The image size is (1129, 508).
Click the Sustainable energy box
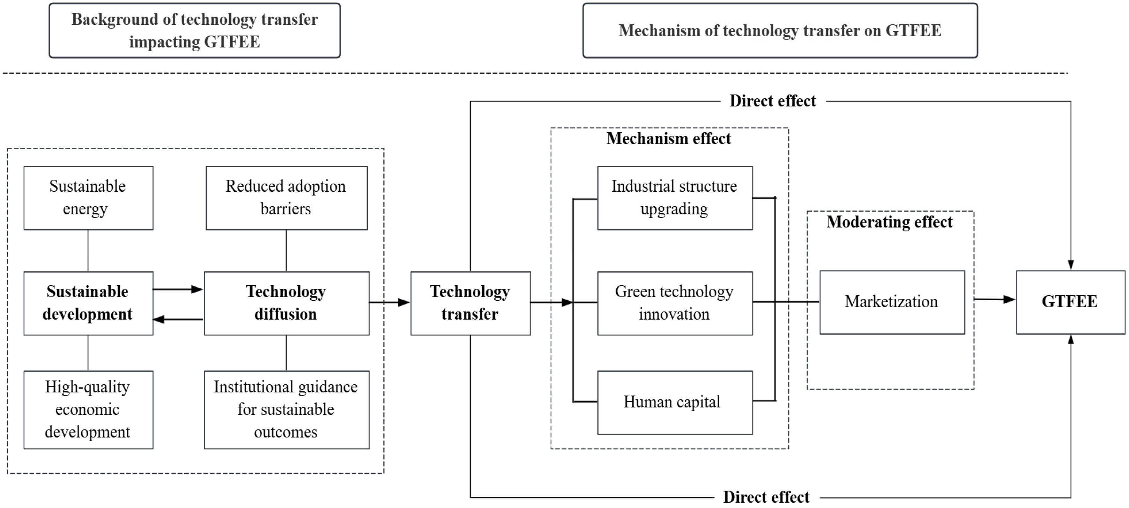88,198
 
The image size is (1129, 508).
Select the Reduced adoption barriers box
286,198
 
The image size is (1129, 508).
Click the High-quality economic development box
88,410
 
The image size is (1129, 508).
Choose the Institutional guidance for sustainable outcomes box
286,410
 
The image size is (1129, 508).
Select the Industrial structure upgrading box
675,198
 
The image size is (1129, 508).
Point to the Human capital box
675,402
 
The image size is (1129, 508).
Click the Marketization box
892,302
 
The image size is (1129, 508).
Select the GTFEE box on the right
1070,302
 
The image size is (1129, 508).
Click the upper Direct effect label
772,101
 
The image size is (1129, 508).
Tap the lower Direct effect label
766,498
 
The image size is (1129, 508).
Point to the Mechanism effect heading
668,139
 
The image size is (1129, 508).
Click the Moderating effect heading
889,222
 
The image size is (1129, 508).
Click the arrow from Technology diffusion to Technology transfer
389,302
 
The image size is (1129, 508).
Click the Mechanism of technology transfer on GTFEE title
780,31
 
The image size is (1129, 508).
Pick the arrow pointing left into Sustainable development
178,319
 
